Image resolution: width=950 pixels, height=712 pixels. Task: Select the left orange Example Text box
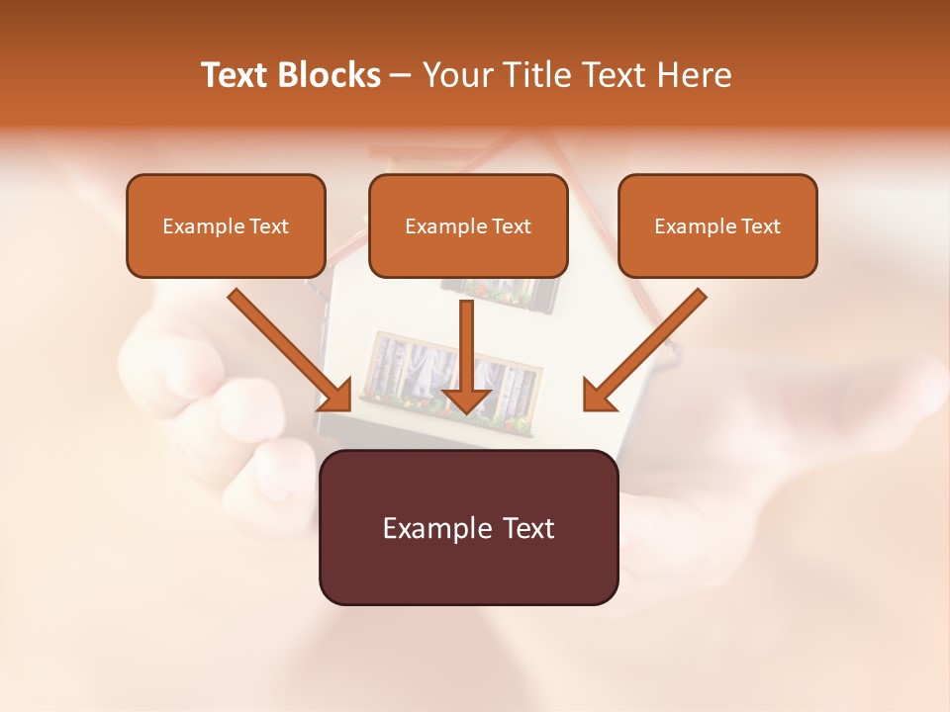[226, 225]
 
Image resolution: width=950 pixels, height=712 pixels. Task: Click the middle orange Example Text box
[468, 225]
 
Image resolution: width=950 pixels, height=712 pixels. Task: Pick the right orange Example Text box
[717, 225]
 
